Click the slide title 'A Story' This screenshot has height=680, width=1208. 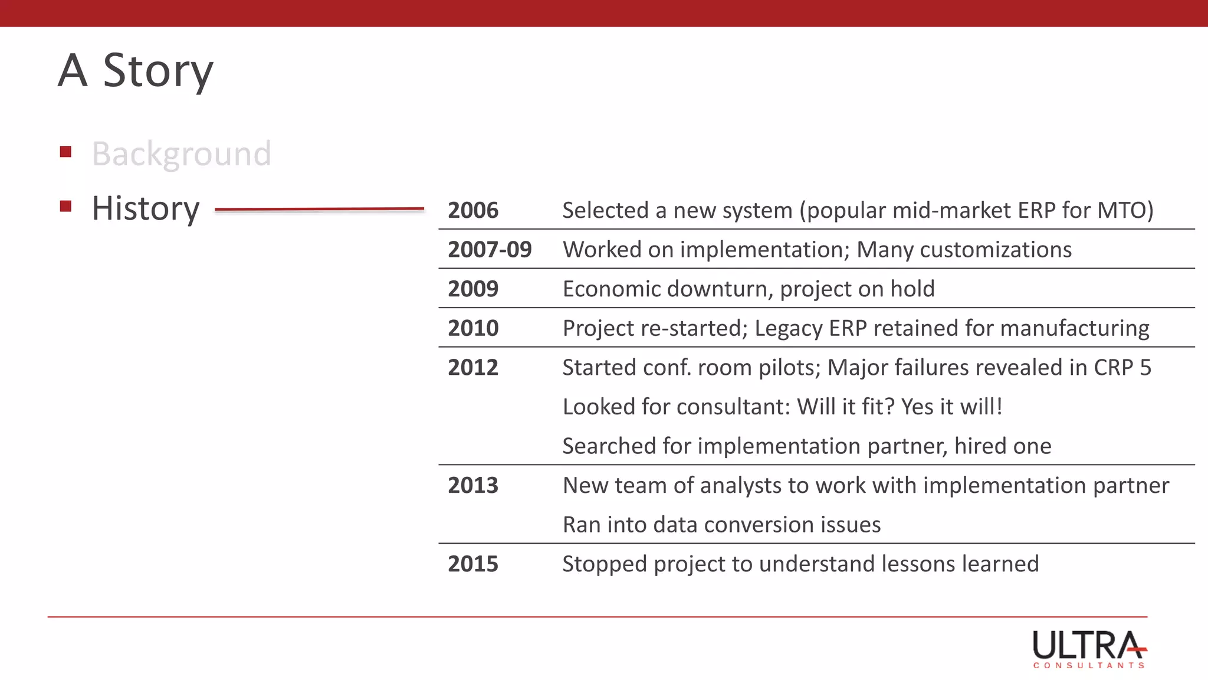(136, 71)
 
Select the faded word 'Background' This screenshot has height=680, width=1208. (182, 154)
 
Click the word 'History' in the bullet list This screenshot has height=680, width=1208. (146, 208)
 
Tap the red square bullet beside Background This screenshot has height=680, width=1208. (65, 152)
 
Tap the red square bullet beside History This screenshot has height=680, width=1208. (65, 207)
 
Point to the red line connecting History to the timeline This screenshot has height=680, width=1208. (319, 209)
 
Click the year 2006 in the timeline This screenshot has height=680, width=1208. (473, 211)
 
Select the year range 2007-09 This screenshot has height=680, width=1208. (490, 250)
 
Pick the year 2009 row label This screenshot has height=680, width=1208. (473, 289)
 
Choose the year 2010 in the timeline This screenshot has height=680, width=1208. (473, 328)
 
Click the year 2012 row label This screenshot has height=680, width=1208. (473, 368)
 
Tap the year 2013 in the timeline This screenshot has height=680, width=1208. (473, 486)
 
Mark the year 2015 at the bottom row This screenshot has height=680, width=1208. (473, 564)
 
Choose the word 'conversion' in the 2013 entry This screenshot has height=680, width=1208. (759, 525)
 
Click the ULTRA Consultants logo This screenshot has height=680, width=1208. (1089, 649)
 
